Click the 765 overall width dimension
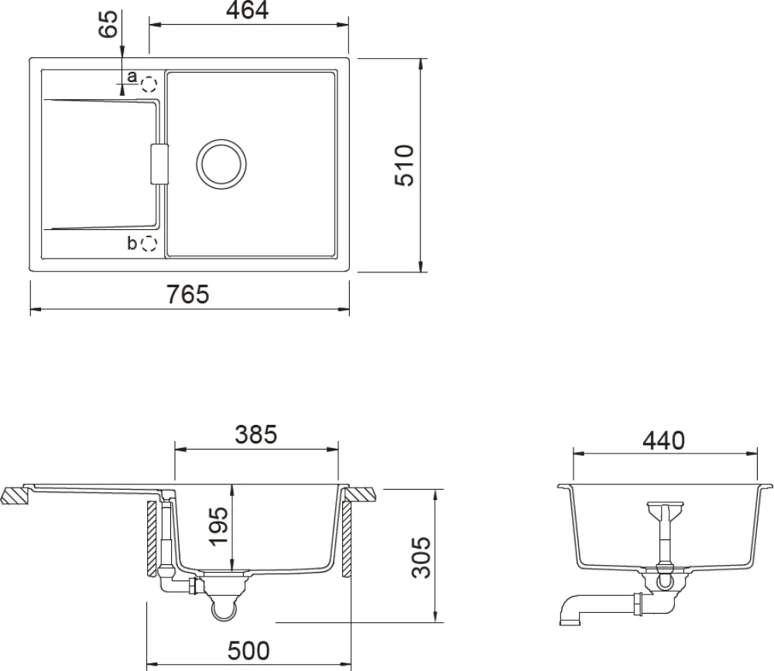(187, 294)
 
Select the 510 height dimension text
(404, 166)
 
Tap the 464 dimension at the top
(248, 10)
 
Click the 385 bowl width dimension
(255, 435)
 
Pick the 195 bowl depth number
(219, 526)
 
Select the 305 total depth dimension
(421, 557)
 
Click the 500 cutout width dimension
(248, 651)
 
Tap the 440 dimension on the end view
(663, 440)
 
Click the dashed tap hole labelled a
(149, 84)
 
